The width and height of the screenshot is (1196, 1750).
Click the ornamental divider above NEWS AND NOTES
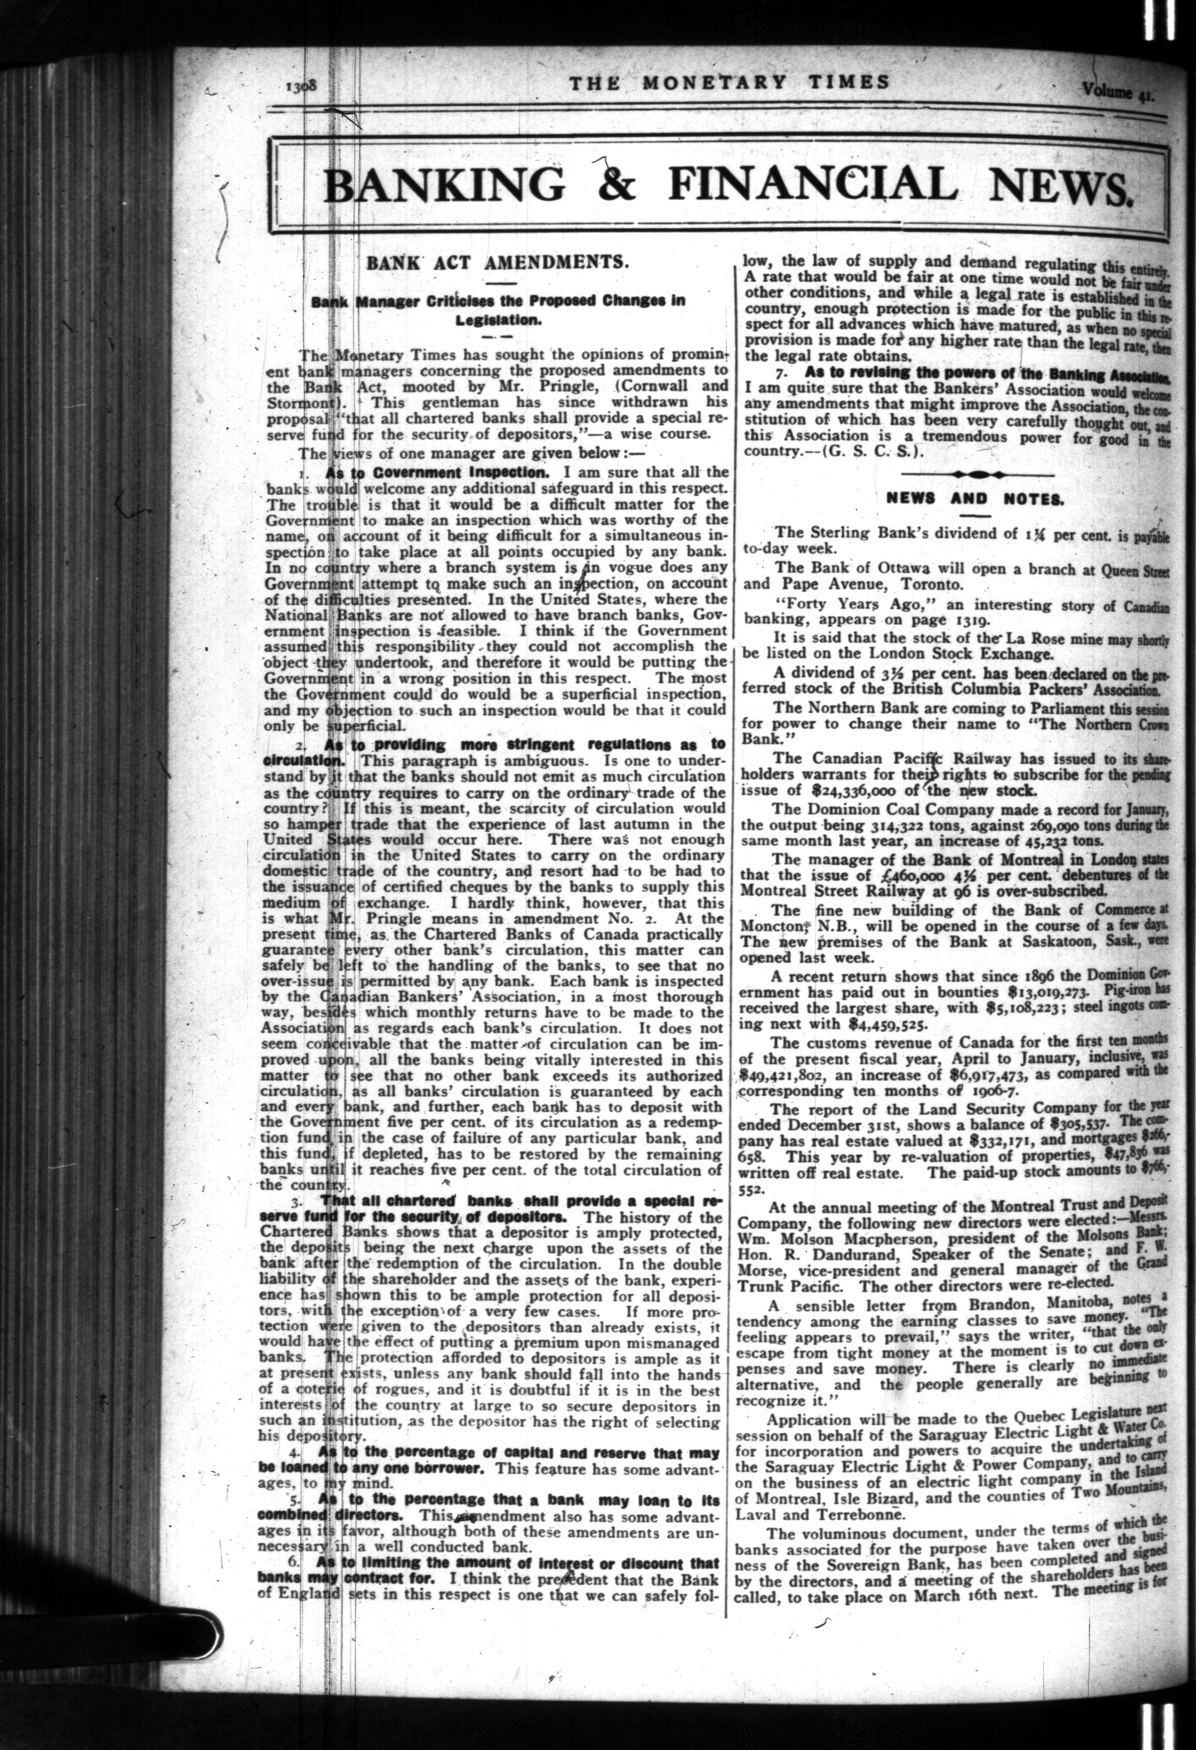coord(976,474)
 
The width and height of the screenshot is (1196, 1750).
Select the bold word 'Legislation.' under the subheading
coord(493,319)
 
